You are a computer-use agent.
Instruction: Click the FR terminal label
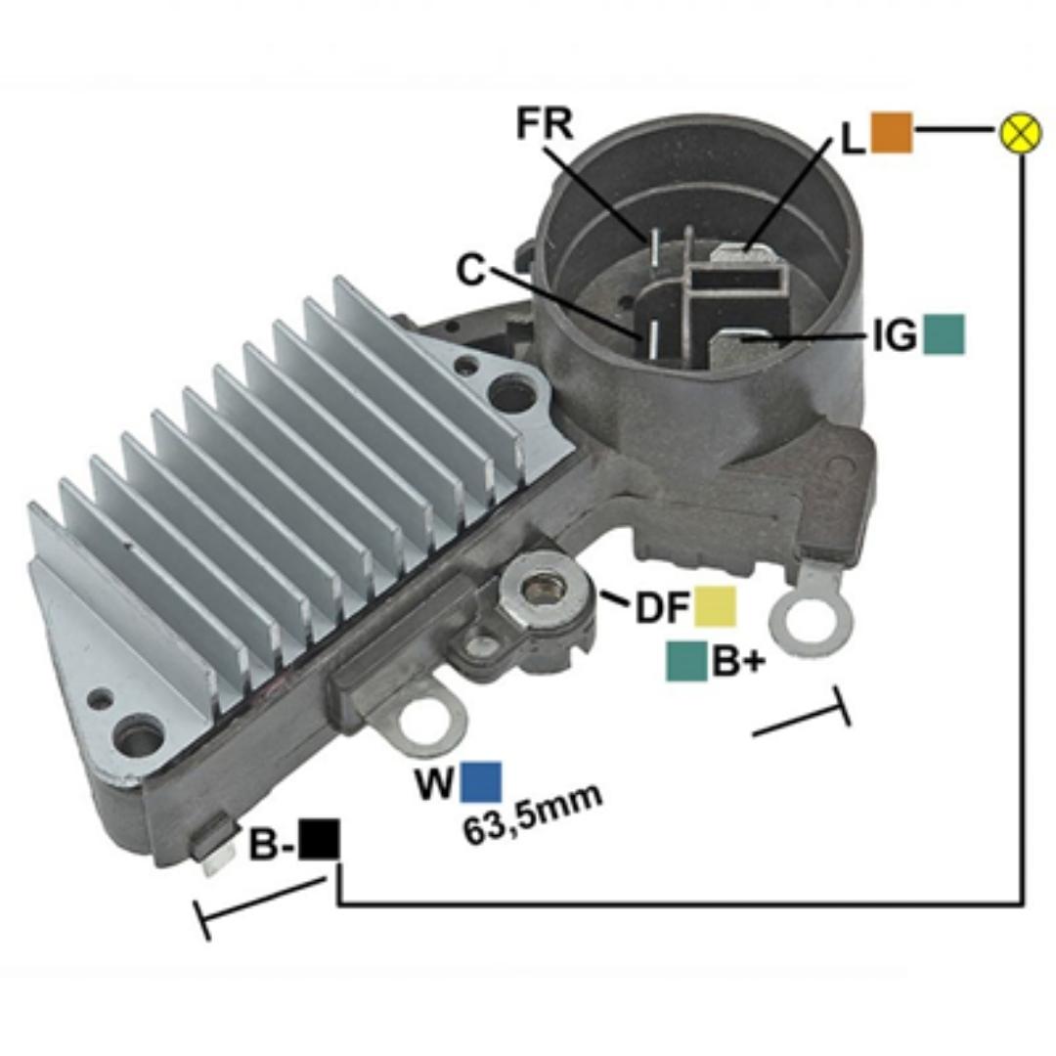(x=545, y=124)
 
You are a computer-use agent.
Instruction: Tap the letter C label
(x=470, y=271)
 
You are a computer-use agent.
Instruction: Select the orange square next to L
(x=891, y=132)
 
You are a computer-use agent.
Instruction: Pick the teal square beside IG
(x=944, y=334)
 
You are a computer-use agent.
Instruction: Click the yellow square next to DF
(x=715, y=606)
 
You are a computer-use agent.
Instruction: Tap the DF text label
(x=662, y=608)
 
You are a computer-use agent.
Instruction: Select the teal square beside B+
(x=686, y=661)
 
